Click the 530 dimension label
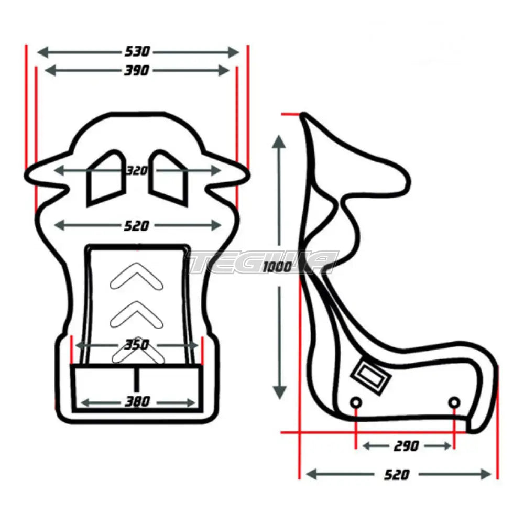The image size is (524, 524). pos(137,51)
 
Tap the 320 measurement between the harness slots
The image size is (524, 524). pos(137,171)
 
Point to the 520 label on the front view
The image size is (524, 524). pos(137,226)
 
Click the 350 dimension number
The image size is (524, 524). pos(137,345)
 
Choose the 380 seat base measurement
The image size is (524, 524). pos(137,402)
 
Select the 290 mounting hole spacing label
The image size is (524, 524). pos(406,446)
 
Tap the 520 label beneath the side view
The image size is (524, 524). pos(397,475)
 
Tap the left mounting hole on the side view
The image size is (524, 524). pos(356,402)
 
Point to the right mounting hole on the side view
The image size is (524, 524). pos(454,402)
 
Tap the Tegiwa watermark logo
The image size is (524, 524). pos(262,262)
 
